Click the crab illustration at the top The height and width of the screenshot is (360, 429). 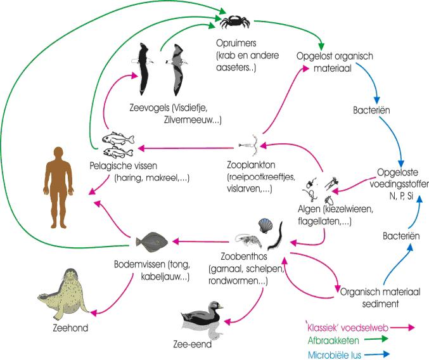pyautogui.click(x=234, y=22)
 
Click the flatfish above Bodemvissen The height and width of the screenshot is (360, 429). pyautogui.click(x=151, y=241)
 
